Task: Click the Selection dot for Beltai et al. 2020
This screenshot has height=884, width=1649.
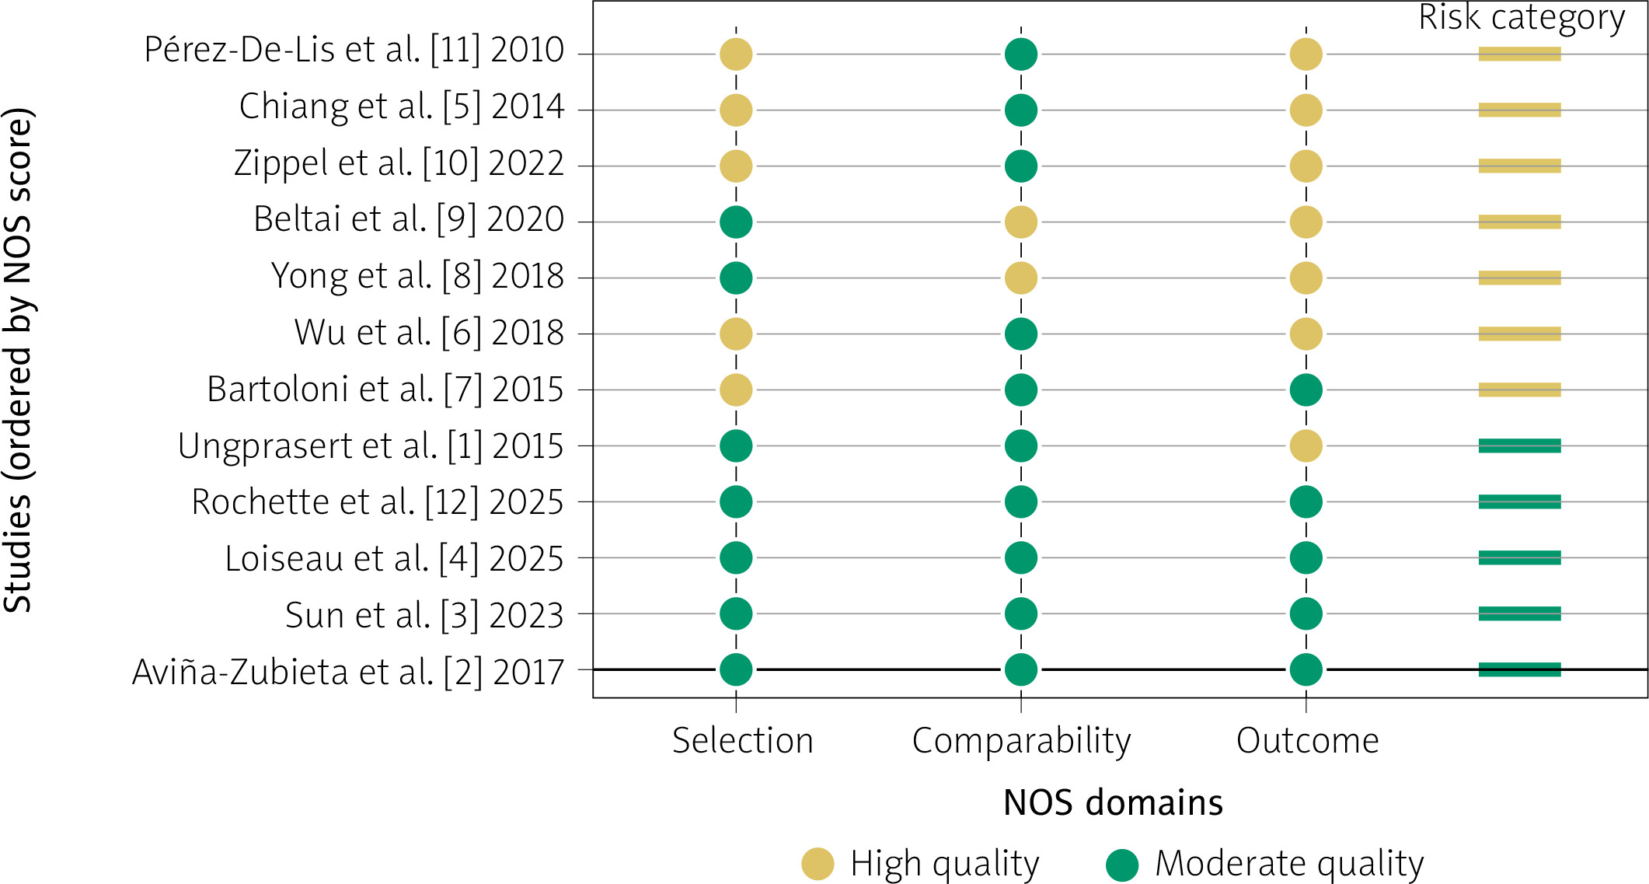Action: tap(736, 222)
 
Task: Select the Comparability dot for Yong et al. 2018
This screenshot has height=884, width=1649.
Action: tap(1021, 278)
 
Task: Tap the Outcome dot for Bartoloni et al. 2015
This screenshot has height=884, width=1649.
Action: tap(1306, 390)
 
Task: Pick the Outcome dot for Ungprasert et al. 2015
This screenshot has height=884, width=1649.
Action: tap(1306, 446)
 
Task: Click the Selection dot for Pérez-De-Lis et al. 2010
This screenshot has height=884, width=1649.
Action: tap(736, 54)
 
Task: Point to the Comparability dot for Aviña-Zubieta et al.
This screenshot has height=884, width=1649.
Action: tap(1021, 670)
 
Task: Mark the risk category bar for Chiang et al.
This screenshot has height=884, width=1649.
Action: tap(1520, 110)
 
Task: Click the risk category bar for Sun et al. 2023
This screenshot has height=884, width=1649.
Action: tap(1520, 614)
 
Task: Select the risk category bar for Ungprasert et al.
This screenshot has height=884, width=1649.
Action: tap(1520, 446)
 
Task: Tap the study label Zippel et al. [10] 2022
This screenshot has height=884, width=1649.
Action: tap(399, 164)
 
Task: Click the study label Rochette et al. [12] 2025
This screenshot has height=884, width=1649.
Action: tap(378, 502)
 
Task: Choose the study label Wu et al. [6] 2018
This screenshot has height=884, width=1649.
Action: tap(429, 333)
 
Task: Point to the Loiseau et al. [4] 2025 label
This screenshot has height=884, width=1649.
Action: tap(394, 559)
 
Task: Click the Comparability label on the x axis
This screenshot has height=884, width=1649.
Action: tap(1021, 742)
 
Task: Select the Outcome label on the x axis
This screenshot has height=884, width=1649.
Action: tap(1308, 741)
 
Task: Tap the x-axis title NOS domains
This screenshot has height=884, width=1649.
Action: tap(1113, 803)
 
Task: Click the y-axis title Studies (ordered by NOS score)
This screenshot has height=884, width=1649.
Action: tap(19, 360)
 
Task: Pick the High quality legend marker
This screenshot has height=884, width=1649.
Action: tap(818, 864)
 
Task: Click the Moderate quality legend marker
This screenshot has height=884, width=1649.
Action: tap(1122, 864)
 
